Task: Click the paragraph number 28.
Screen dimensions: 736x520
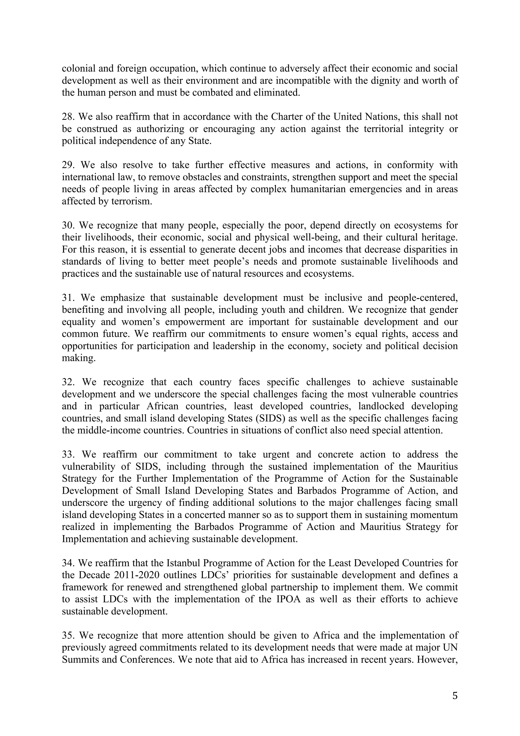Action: point(67,117)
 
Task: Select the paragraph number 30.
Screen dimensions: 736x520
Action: point(68,225)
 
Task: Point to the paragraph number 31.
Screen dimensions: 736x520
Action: point(68,298)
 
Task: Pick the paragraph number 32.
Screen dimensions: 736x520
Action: point(68,382)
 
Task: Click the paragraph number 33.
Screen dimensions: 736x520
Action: point(68,454)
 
